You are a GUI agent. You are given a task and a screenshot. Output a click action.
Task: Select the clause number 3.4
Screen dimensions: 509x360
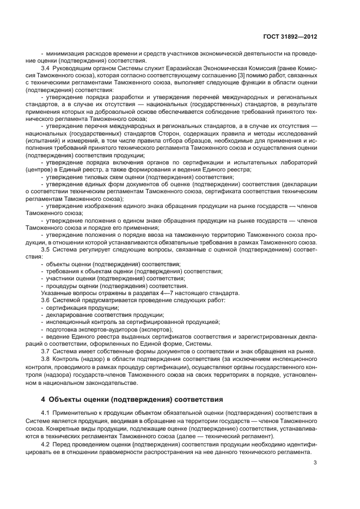pos(45,68)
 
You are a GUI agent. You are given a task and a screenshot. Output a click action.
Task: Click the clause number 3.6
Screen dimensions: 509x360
pos(45,300)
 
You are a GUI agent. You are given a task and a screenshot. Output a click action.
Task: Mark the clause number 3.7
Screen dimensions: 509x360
pos(45,351)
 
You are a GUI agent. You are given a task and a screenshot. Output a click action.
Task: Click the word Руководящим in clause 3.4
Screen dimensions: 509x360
pos(72,68)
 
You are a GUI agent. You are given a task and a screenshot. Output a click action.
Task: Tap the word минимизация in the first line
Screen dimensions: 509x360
pos(65,53)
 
